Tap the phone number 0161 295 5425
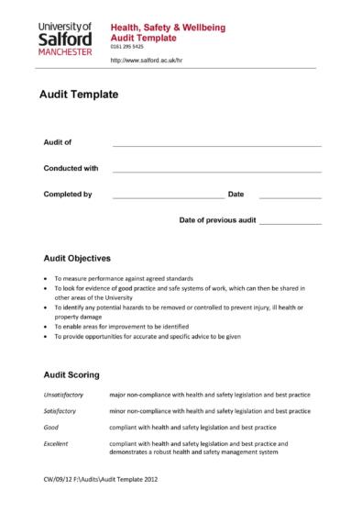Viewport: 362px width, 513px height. pos(127,47)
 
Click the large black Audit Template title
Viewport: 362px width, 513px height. pos(78,94)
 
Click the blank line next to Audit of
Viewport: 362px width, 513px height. pos(216,145)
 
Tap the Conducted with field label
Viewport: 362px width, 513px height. pos(71,168)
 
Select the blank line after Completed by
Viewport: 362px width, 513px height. pos(167,196)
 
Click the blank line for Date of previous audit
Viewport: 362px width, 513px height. pos(290,223)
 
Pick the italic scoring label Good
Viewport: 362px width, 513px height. pos(51,427)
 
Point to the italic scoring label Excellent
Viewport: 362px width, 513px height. pos(57,443)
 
